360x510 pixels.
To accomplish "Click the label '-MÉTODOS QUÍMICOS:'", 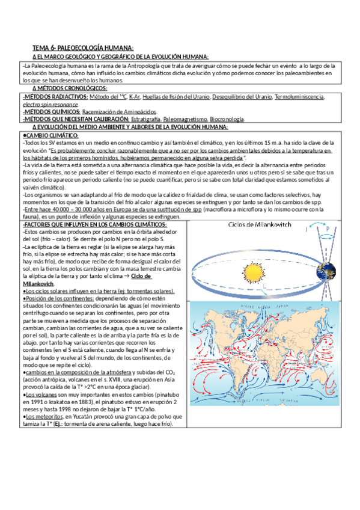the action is pos(49,112).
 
